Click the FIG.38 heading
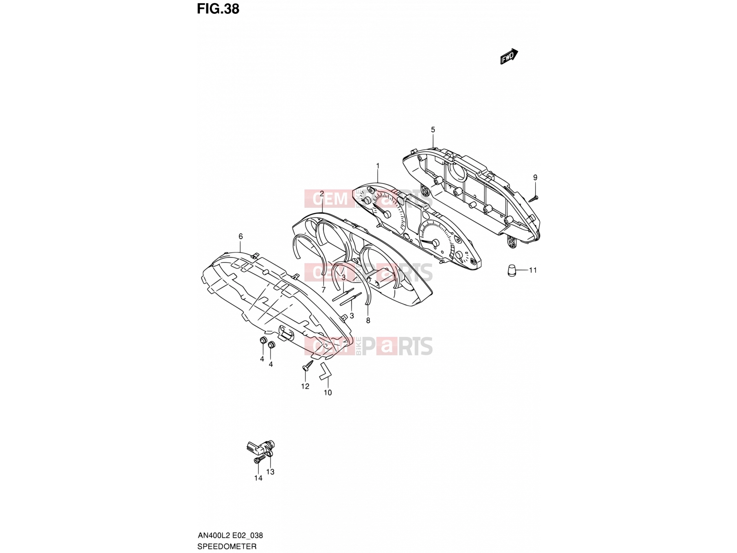tap(218, 9)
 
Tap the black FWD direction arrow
tap(509, 56)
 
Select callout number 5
tap(433, 129)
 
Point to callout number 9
tap(535, 177)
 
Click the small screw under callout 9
tap(533, 199)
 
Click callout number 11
tap(533, 270)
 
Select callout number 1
tap(377, 165)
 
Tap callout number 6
tap(240, 236)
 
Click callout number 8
tap(368, 321)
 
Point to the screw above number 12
tap(308, 365)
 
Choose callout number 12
tap(305, 387)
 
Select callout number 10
tap(328, 393)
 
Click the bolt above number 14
tap(258, 461)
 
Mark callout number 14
tap(258, 478)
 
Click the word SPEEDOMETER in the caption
tap(227, 546)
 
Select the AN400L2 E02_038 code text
tap(230, 535)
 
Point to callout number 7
tap(323, 290)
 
